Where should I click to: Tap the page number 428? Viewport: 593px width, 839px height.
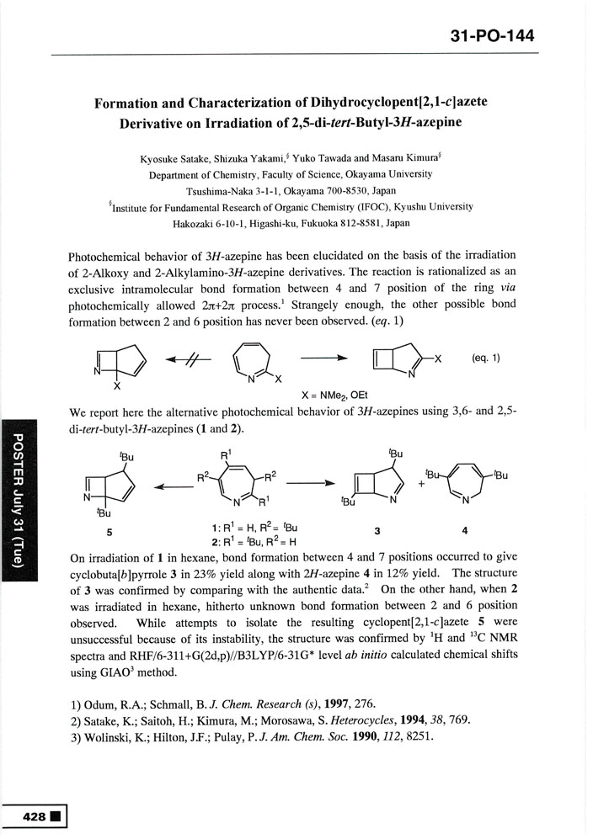[x=36, y=817]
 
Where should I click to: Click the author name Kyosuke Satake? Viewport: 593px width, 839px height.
[x=184, y=157]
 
